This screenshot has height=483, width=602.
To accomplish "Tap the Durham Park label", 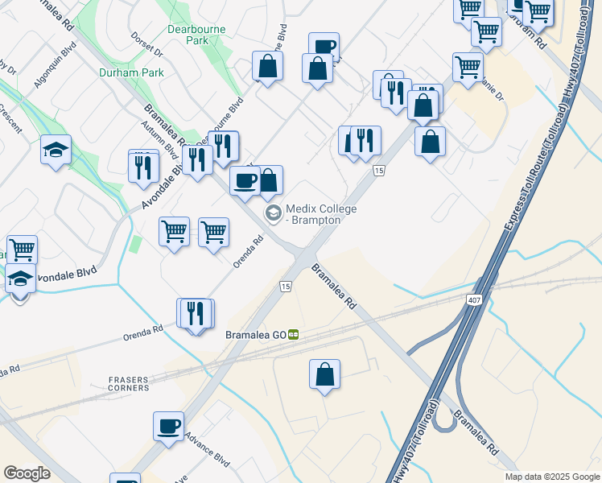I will pos(131,72).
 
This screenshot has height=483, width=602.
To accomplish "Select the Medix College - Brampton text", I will pos(321,214).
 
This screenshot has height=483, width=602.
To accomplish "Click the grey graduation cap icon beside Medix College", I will pos(273,213).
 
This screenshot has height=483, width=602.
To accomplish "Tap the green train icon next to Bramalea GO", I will pos(295,334).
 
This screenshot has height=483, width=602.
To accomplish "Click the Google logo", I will pos(27,473).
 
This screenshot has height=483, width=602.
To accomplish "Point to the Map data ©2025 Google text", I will pos(551,477).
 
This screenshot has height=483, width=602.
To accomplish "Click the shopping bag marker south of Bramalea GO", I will pos(324,374).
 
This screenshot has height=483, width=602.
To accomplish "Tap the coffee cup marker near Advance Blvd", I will pos(168,427).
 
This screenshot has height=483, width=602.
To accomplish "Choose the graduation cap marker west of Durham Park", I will pos(56,150).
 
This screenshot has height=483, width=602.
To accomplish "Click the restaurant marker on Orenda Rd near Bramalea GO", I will pos(196,314).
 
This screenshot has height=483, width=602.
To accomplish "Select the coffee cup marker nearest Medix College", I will pos(245,181).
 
